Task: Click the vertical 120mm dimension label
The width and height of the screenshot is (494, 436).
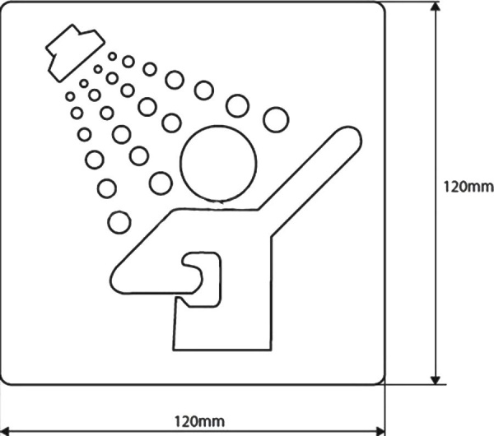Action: [x=463, y=188]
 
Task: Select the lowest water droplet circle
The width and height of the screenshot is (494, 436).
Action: [x=119, y=221]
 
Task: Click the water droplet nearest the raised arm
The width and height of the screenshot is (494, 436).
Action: [x=276, y=120]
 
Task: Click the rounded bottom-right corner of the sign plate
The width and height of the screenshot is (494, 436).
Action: [x=377, y=377]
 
